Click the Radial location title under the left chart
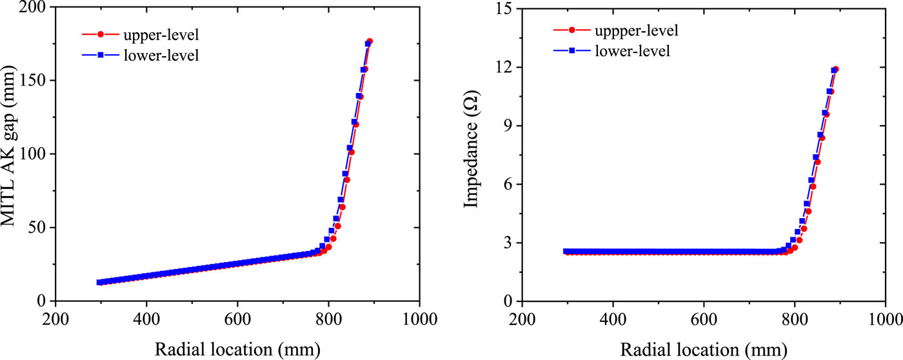pyautogui.click(x=237, y=348)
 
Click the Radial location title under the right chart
pyautogui.click(x=704, y=348)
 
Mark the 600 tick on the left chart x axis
pyautogui.click(x=237, y=319)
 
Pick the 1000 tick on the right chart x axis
pyautogui.click(x=886, y=319)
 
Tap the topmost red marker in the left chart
pyautogui.click(x=370, y=41)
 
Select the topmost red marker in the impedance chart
pyautogui.click(x=836, y=69)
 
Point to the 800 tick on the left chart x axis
pyautogui.click(x=328, y=319)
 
